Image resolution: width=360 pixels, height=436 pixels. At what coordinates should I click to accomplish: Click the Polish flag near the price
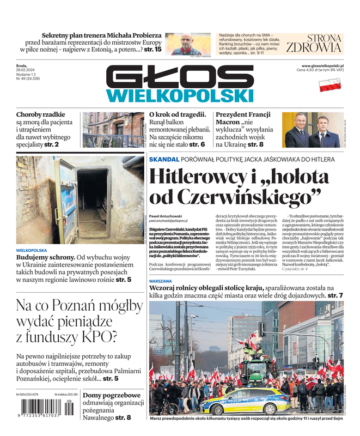point(329,84)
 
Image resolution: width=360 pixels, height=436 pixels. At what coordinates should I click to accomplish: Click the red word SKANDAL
point(164,159)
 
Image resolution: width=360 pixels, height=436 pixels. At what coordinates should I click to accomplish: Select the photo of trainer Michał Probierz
point(187,44)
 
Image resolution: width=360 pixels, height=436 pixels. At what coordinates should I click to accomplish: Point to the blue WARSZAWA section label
point(161,281)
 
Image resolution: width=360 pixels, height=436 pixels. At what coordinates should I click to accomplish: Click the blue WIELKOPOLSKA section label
point(32,250)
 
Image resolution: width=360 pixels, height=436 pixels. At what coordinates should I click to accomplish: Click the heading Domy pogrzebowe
point(112,395)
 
